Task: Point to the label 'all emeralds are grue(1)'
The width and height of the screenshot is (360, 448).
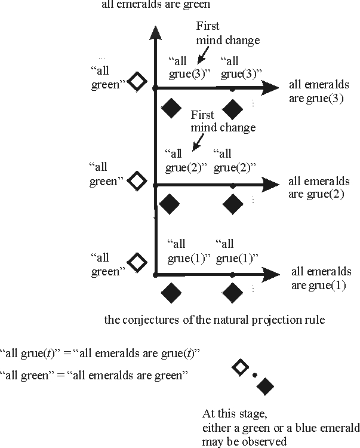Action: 318,278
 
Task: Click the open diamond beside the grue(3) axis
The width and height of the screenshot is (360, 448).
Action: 138,81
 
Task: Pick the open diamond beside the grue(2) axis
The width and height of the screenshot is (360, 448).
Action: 138,179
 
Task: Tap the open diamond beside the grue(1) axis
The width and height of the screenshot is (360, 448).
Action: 138,262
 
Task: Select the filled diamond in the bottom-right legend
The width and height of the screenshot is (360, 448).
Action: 266,386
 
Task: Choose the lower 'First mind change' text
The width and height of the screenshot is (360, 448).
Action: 223,121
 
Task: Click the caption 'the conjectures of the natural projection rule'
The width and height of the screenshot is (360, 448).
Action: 214,320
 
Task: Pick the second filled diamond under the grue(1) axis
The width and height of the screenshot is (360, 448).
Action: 232,293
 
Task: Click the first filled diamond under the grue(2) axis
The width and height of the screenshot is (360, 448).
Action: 170,203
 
